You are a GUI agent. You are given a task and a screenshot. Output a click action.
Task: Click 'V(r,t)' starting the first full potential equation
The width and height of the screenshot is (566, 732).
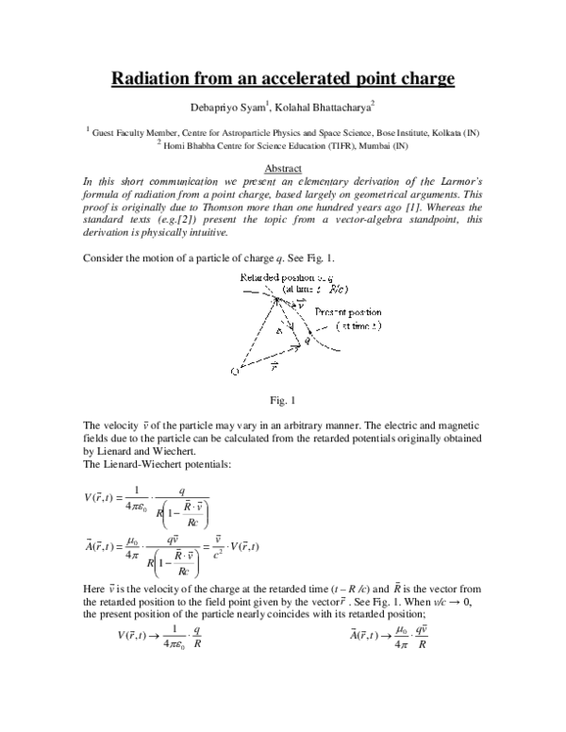(x=96, y=500)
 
